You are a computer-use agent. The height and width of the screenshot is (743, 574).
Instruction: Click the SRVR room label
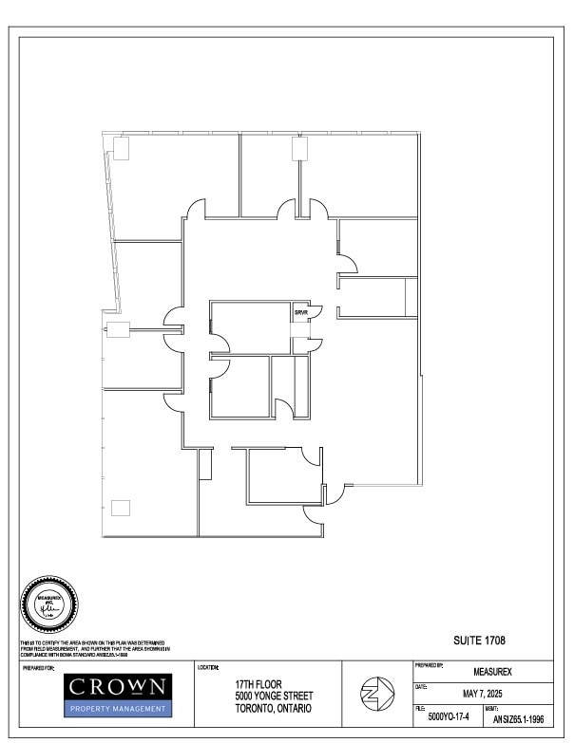click(300, 312)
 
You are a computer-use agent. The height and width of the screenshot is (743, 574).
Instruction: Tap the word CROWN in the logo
click(119, 686)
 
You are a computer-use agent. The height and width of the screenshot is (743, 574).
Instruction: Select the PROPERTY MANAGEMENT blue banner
click(119, 708)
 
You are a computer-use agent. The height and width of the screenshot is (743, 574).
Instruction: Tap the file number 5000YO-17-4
click(450, 718)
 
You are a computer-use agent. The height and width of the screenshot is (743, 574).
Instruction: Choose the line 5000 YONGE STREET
click(273, 696)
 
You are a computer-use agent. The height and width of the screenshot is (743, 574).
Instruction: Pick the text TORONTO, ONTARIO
click(273, 708)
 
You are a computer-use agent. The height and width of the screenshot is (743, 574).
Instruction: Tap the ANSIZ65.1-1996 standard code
click(518, 719)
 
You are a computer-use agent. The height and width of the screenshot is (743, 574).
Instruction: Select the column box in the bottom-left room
click(121, 508)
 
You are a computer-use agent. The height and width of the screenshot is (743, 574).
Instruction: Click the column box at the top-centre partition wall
click(300, 148)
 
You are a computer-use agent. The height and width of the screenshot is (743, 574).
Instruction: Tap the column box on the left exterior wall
click(118, 330)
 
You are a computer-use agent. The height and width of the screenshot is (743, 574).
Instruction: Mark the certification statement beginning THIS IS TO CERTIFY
click(95, 651)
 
